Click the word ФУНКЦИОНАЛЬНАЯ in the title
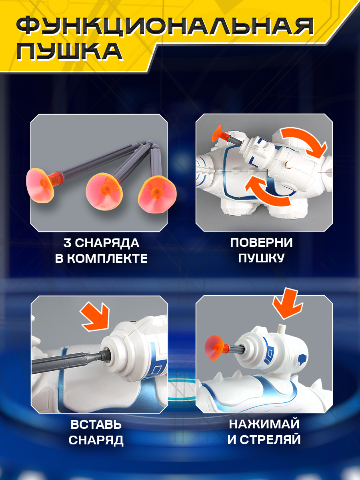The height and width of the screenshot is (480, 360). [165, 27]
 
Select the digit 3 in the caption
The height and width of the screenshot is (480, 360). [67, 243]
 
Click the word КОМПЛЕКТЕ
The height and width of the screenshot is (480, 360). [107, 258]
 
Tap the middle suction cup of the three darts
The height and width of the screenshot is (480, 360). [104, 191]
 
